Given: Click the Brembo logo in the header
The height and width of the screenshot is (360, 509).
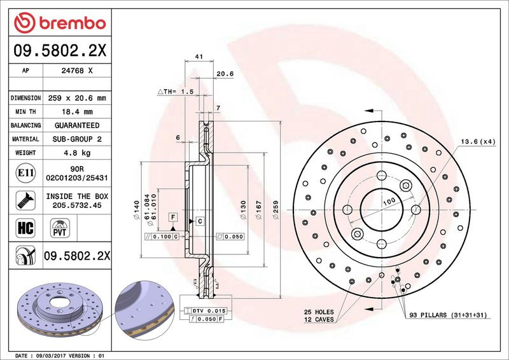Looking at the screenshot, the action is click(60, 23).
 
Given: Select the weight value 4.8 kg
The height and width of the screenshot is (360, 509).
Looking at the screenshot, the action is click(77, 153).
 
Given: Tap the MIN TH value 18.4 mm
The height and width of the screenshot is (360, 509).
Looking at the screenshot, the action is click(77, 112).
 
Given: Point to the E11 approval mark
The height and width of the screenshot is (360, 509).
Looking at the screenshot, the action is click(25, 173).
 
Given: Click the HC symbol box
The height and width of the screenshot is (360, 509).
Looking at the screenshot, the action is click(25, 228).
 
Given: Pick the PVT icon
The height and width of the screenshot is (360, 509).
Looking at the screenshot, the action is click(60, 228).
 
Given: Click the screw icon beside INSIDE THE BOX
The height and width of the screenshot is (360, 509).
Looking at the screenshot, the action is click(25, 200).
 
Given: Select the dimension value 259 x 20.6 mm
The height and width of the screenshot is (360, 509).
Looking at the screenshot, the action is click(77, 98).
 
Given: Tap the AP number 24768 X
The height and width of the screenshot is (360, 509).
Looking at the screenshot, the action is click(77, 71).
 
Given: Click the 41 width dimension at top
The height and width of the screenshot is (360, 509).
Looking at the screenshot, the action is click(199, 57).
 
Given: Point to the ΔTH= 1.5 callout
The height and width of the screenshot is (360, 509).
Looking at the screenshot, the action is click(176, 92).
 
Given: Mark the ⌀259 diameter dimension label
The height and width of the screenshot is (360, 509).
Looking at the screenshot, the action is click(276, 209).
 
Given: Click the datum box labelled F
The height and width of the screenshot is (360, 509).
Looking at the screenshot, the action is click(173, 217).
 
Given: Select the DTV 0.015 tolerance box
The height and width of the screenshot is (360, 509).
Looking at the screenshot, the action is click(206, 311).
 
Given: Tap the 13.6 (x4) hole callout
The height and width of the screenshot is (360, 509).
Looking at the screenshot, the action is click(478, 142).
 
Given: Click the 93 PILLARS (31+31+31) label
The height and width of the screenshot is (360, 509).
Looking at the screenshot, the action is click(448, 315).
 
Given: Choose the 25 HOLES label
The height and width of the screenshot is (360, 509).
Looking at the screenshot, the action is click(319, 312).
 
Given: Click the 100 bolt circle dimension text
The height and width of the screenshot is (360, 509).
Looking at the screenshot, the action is click(389, 202).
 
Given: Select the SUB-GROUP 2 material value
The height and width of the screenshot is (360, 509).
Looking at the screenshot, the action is click(77, 139).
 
